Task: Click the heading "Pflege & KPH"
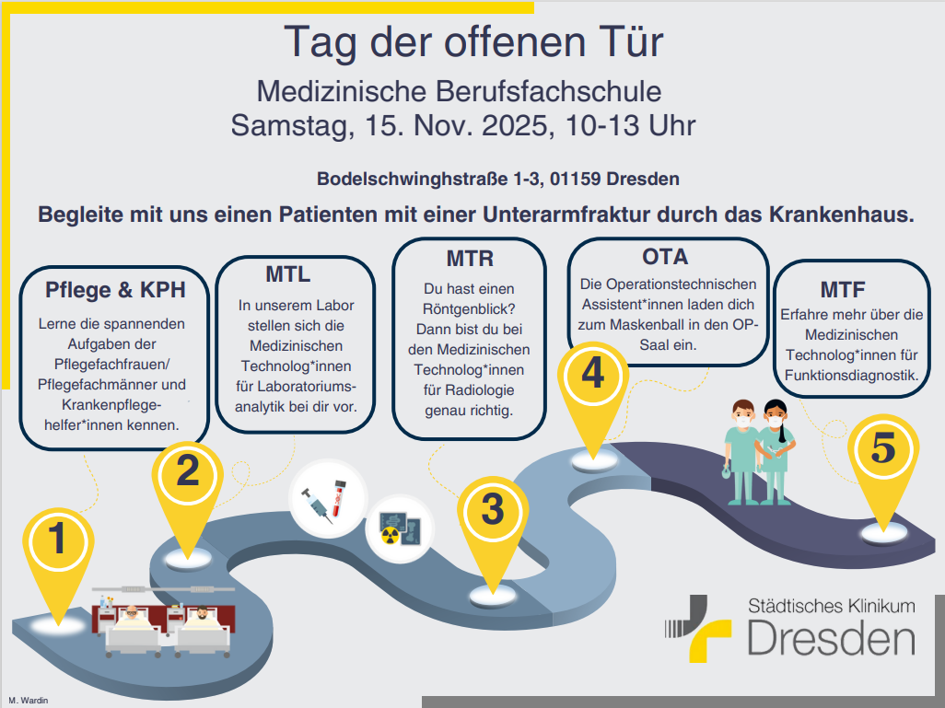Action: click(115, 290)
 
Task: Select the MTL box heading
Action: click(288, 274)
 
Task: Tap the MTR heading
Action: click(470, 259)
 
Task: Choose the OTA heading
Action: click(665, 257)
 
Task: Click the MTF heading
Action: click(843, 290)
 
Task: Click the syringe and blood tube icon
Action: click(329, 498)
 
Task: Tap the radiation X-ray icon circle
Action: click(400, 528)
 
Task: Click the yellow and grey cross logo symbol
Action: click(698, 629)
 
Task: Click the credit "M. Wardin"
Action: click(29, 700)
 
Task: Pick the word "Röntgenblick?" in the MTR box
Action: click(469, 309)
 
